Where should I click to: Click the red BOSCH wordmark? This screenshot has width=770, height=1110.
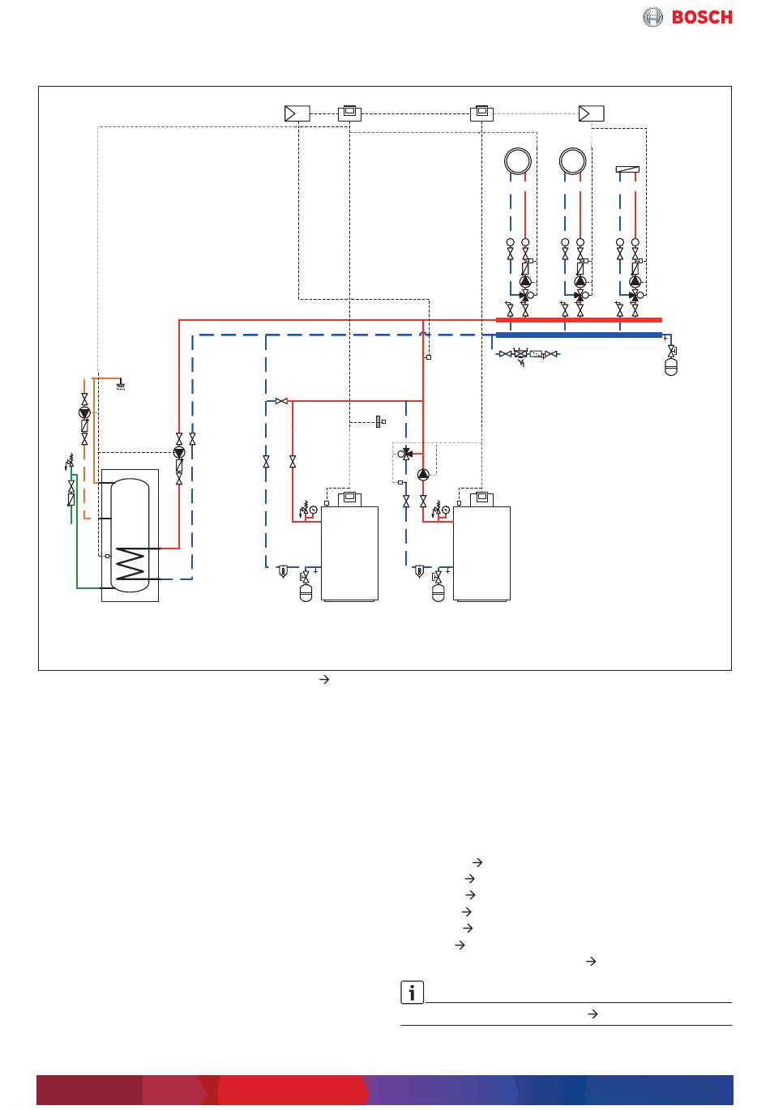tap(702, 17)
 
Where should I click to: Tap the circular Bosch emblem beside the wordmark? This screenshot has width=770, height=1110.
tap(652, 17)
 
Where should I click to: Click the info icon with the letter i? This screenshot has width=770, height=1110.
tap(412, 992)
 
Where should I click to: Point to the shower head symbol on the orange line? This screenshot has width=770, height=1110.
tap(121, 386)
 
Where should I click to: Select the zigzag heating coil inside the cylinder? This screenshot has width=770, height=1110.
tap(130, 563)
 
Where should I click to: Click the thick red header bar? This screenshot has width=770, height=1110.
tap(579, 320)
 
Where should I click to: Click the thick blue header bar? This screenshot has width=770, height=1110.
tap(579, 335)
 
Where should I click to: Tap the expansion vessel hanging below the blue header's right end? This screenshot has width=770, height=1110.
tap(670, 367)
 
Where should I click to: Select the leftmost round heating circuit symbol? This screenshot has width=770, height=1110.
tap(518, 161)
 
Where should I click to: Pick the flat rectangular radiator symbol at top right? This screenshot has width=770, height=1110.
tap(627, 169)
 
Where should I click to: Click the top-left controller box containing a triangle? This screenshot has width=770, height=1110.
tap(297, 113)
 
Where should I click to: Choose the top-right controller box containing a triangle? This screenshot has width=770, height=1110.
tap(591, 113)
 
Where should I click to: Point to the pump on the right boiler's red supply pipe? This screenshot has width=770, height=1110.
tap(423, 475)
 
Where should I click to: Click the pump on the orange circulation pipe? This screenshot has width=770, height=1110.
tap(84, 412)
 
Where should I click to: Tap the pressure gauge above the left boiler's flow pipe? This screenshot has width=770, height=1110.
tap(313, 510)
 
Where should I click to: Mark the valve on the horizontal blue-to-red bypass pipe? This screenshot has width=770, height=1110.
tap(281, 401)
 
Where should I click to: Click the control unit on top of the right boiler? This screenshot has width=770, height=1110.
tap(481, 498)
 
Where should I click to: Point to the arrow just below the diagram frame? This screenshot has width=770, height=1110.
tap(324, 680)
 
